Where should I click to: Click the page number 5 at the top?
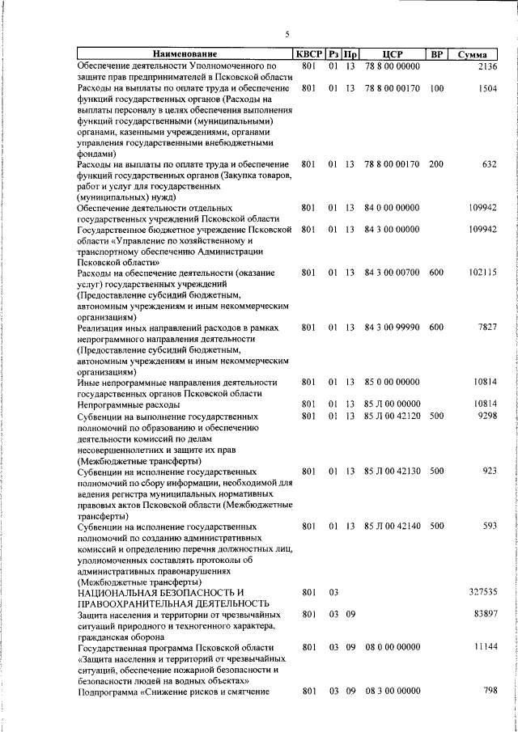(287, 33)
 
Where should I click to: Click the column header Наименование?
(184, 54)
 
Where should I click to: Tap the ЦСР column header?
(392, 54)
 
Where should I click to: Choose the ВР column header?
(436, 54)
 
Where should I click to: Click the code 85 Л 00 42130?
(392, 470)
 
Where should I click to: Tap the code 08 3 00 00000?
(392, 692)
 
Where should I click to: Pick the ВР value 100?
(436, 87)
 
